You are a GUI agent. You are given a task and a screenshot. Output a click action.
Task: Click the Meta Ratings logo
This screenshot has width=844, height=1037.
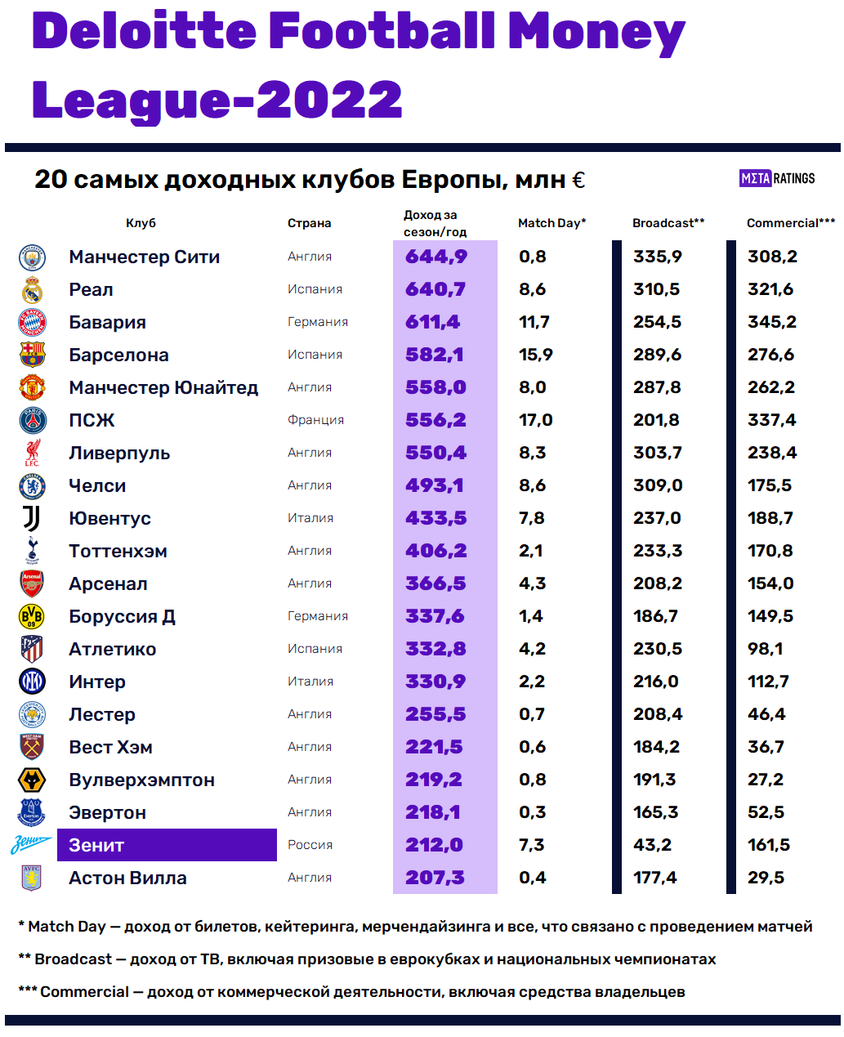click(777, 178)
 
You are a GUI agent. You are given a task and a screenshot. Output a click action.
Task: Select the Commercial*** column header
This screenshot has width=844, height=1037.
click(790, 223)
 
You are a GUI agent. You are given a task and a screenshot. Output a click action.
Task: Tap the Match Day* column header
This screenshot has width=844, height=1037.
click(552, 223)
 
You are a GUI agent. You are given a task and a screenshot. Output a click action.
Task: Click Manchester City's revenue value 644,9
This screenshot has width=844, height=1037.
click(436, 257)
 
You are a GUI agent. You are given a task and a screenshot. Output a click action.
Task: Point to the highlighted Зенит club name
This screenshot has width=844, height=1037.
click(167, 845)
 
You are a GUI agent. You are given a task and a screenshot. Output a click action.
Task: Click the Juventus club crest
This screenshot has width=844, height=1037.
click(31, 518)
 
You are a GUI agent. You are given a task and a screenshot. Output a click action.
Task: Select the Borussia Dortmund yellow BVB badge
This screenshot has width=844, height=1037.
click(32, 616)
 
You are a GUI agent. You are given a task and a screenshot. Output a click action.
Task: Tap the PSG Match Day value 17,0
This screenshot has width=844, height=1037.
click(535, 420)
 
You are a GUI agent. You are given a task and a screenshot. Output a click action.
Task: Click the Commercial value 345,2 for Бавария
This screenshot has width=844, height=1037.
click(771, 322)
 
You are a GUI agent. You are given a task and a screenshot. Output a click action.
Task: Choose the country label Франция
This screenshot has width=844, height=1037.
click(315, 420)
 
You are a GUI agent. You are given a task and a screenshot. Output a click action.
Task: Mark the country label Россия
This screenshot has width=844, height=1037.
click(310, 845)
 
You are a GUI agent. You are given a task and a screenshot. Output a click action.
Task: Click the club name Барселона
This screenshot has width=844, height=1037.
click(118, 355)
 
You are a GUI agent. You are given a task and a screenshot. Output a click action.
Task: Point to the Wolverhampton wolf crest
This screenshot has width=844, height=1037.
click(32, 780)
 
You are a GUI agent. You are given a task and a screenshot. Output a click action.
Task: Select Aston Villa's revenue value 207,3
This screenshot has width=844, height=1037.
click(435, 878)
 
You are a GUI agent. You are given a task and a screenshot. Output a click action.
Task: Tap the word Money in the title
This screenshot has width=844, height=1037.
click(596, 33)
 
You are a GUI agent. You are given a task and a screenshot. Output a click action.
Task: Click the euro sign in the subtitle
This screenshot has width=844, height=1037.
click(578, 180)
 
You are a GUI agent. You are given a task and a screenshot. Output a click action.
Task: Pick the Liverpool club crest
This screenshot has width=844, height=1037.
click(32, 453)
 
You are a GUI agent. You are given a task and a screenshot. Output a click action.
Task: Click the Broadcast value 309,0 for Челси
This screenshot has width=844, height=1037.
click(657, 485)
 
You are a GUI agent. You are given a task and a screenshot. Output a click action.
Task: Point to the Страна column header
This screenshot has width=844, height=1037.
click(309, 223)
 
